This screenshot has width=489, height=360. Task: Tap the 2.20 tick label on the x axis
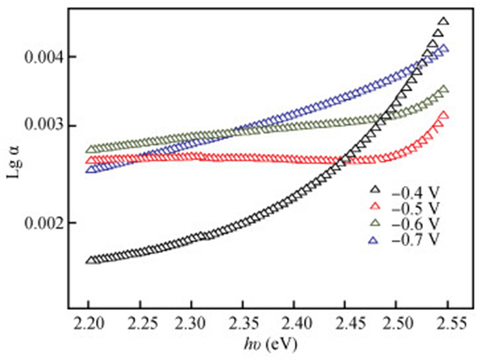click(x=89, y=324)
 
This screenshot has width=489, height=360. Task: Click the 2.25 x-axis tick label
click(x=140, y=324)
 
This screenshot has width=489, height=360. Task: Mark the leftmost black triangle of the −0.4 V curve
click(x=89, y=260)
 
